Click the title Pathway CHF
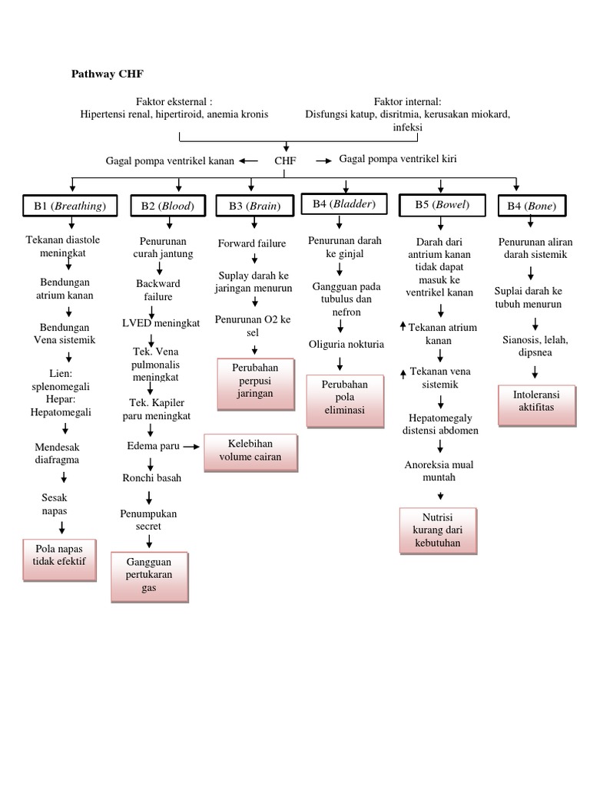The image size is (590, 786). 107,74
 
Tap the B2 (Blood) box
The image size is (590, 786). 167,206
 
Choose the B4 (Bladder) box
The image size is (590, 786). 344,204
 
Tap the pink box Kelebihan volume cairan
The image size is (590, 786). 250,451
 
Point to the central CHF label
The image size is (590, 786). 285,160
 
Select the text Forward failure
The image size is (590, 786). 252,243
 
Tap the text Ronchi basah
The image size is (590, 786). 152,477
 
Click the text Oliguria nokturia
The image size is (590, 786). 346,344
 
